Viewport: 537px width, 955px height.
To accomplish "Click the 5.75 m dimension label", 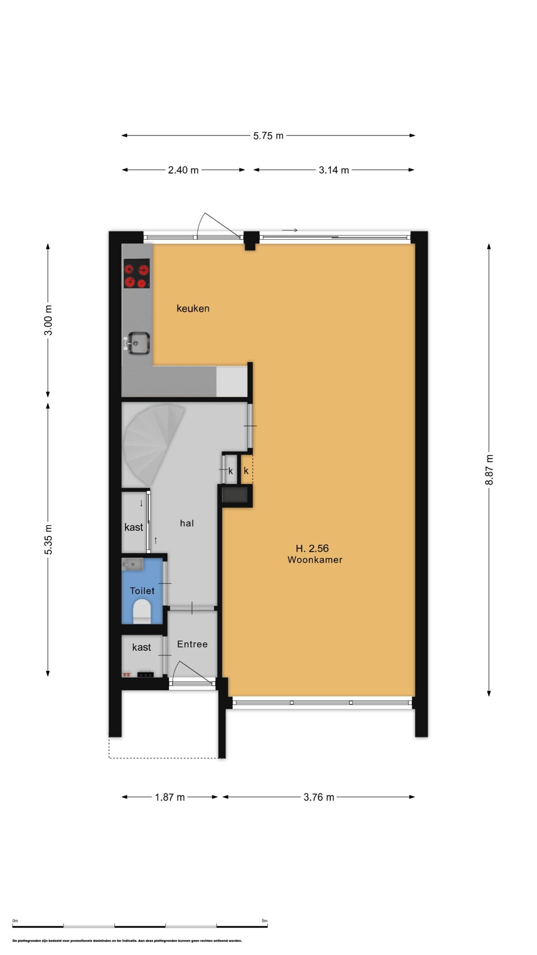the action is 268,136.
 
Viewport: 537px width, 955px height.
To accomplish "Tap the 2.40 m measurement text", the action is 183,170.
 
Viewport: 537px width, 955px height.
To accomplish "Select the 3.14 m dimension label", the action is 334,170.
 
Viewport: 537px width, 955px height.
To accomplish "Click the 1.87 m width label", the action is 170,797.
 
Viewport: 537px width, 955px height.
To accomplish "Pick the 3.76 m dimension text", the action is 319,797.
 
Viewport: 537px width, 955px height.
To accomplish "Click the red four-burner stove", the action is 136,273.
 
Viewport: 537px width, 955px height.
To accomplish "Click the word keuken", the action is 193,309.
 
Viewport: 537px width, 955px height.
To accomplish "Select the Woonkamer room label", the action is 315,560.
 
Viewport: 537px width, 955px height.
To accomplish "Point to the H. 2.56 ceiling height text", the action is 312,548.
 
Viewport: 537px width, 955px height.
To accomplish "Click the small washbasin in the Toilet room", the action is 132,564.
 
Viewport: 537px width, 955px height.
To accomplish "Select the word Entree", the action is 192,644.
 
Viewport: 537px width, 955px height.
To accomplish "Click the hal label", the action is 187,523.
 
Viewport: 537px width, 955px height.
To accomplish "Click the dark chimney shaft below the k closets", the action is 235,495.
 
